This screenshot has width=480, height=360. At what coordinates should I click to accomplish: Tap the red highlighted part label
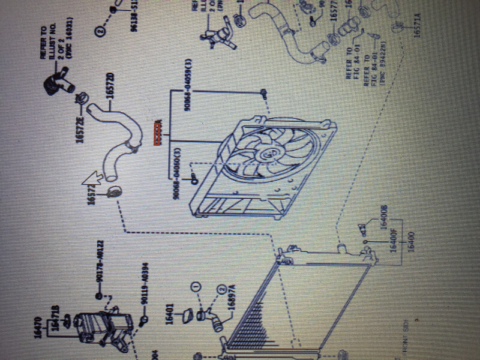[158, 133]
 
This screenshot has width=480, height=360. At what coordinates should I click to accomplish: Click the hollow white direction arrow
[93, 176]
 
